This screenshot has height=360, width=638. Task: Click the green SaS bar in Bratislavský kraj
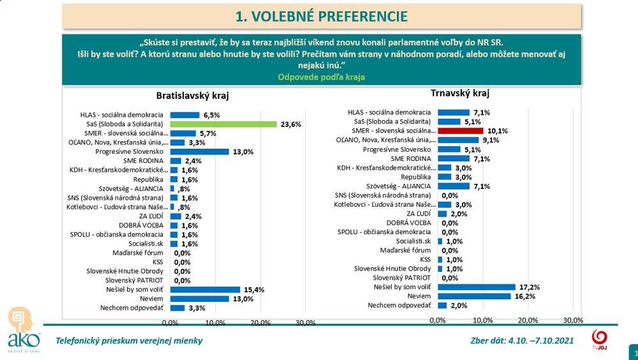tap(223, 124)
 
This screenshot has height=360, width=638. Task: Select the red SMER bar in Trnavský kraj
tap(460, 130)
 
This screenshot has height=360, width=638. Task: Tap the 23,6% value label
tap(290, 124)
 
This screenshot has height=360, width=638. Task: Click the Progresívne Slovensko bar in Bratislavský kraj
tap(199, 152)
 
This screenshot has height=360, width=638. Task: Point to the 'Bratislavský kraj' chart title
tap(192, 96)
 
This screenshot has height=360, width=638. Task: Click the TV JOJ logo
tap(599, 338)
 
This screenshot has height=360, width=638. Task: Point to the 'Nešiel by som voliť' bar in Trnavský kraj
tap(476, 287)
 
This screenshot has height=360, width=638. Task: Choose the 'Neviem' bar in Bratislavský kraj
tap(199, 299)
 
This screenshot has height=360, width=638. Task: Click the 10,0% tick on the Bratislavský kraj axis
tap(215, 322)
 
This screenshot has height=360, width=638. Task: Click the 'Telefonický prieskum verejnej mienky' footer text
tap(130, 340)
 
